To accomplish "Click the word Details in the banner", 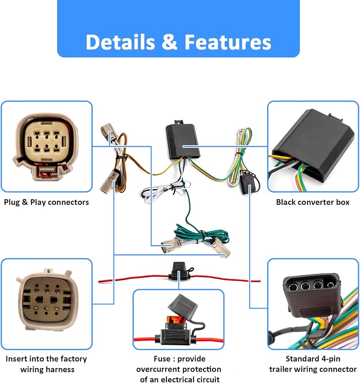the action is point(120,42).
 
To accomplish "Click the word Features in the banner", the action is point(228,42).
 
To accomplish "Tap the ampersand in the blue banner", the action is point(169,42).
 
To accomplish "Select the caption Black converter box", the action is point(312,202).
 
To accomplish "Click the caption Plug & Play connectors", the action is point(46,202).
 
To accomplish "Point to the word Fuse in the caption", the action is point(162,358).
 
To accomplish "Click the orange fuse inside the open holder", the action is point(175,319).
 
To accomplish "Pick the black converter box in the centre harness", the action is point(182,141).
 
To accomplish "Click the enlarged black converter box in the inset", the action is point(313,147).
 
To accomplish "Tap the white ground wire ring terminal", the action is point(160,188).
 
